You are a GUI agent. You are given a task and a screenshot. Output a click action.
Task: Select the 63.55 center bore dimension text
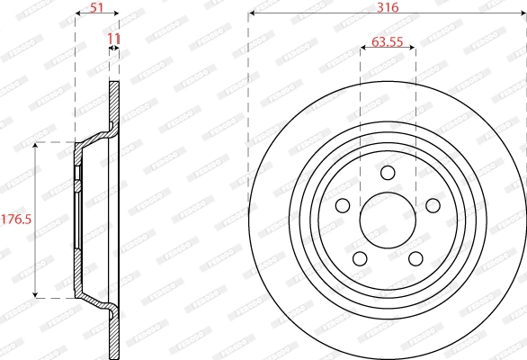(x=388, y=40)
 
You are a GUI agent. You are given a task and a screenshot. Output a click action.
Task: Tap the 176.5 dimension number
(x=15, y=219)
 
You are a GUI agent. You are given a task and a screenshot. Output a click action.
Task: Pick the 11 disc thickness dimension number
(x=113, y=38)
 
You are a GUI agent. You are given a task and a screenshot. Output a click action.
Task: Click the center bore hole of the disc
(x=388, y=220)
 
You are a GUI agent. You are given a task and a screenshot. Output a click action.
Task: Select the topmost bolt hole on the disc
(x=388, y=173)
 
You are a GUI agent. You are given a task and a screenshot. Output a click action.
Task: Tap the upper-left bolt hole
(x=343, y=205)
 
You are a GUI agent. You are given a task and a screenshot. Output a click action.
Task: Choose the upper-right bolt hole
(x=433, y=205)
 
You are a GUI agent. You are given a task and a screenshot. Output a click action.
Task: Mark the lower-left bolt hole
(x=360, y=258)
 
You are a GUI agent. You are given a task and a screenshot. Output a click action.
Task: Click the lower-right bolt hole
(x=415, y=258)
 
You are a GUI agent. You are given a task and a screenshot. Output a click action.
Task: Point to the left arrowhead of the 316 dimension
(x=252, y=14)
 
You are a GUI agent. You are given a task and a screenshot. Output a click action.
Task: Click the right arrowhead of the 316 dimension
(x=523, y=14)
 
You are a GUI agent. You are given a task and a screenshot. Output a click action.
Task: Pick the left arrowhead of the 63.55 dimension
(x=362, y=50)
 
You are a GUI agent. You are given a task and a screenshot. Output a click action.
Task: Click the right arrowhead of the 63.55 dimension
(x=413, y=50)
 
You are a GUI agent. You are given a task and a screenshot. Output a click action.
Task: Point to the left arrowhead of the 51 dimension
(x=77, y=14)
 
